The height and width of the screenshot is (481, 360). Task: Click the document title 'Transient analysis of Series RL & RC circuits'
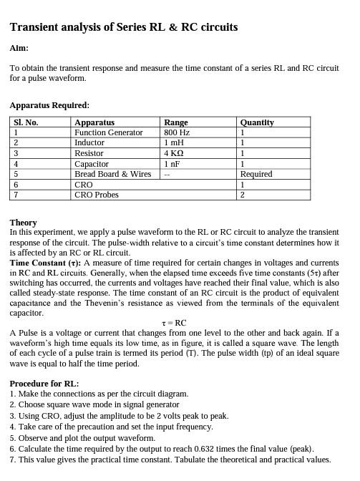point(124,27)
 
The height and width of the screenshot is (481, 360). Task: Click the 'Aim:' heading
point(19,48)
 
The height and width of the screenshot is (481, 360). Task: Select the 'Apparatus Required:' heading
point(49,105)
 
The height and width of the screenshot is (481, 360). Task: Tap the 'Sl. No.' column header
point(26,122)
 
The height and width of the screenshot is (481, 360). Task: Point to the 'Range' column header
point(176,122)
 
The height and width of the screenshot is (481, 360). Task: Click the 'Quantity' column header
point(257,122)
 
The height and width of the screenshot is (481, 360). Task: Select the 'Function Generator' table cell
point(109,132)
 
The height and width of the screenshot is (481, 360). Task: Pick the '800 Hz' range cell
point(177,132)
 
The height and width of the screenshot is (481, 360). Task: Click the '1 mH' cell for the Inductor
point(174,143)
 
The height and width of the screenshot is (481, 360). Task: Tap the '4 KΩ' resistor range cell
point(174,153)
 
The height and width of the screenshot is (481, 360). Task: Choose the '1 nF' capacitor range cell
point(172,164)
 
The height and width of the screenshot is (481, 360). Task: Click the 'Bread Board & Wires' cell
point(113,174)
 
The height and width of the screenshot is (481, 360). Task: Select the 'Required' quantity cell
point(256,174)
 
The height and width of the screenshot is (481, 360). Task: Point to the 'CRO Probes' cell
point(97,195)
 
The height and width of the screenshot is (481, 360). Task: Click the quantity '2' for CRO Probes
point(243,195)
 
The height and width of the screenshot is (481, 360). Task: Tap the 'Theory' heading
point(24,223)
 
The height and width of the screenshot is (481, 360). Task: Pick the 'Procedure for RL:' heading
point(44,384)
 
